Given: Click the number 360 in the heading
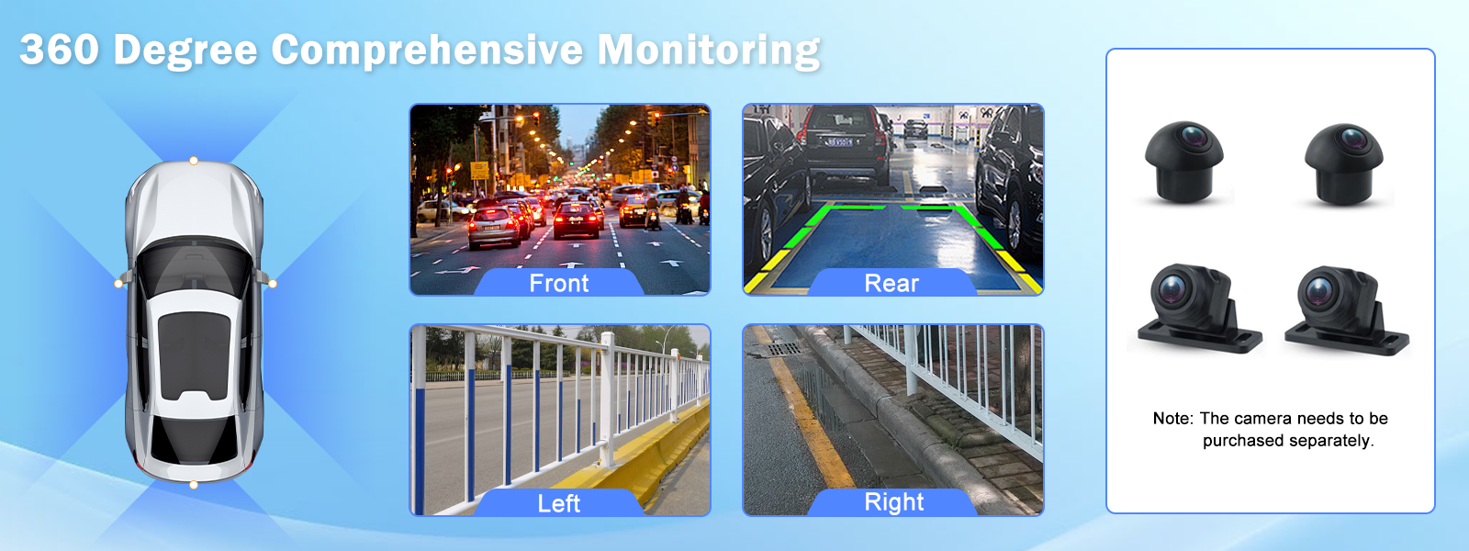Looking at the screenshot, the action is coord(60,49).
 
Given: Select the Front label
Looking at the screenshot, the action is coord(559,284).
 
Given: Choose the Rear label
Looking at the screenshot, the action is coord(891,284).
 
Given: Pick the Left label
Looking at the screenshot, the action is coord(559,504).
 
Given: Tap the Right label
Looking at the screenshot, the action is coord(894,502).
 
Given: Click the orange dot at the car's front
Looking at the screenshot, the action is coord(194,161).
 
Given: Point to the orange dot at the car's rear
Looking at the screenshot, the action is coord(194,485).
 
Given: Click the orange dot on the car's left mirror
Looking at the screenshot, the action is coord(118,284).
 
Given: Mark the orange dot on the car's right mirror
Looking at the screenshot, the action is coord(273,284).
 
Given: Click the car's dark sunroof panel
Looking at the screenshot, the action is coord(195,355).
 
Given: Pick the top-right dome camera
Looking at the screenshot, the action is coord(1344,163).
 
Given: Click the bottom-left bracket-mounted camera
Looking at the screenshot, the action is coord(1197,309).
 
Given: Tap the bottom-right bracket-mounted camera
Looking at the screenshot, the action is coord(1346,310).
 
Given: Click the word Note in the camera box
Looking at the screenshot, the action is coord(1172,419).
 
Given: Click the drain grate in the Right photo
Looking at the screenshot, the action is coord(784,348).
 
